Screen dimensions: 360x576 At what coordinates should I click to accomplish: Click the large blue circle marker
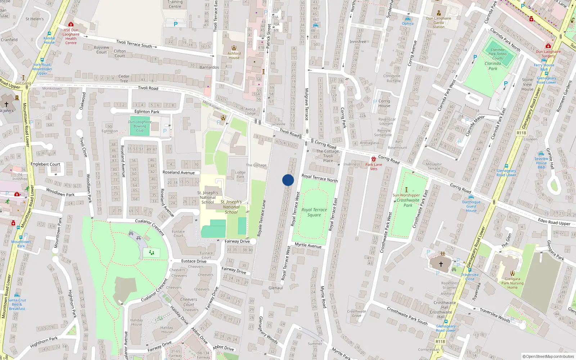[x=288, y=180]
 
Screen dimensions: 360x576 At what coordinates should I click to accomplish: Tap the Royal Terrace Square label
[x=314, y=212]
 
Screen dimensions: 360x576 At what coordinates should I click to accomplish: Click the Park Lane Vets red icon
[x=374, y=159]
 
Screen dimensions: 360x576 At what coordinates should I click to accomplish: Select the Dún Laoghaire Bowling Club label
[x=140, y=126]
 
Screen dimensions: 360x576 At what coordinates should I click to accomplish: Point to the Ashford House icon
[x=234, y=48]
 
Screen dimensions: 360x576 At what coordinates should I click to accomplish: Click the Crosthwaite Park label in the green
[x=408, y=203]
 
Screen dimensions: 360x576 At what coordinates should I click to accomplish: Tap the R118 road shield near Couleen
[x=521, y=133]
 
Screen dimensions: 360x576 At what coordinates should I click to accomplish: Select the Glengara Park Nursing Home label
[x=512, y=283]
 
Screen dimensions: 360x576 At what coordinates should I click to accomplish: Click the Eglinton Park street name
[x=147, y=112]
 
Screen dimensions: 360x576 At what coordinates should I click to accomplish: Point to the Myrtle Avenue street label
[x=308, y=245]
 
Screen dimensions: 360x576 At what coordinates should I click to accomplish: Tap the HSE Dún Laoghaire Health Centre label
[x=71, y=36]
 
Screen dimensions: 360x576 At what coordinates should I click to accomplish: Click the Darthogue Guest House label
[x=471, y=206]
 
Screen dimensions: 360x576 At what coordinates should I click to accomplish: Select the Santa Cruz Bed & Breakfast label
[x=17, y=304]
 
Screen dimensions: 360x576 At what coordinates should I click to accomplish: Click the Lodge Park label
[x=240, y=175]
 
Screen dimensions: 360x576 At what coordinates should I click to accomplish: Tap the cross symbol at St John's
[x=6, y=104]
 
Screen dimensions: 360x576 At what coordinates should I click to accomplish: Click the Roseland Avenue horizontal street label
[x=179, y=172]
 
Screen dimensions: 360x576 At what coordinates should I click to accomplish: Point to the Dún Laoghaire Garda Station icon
[x=438, y=13]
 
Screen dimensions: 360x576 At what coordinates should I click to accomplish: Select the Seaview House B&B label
[x=541, y=163]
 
